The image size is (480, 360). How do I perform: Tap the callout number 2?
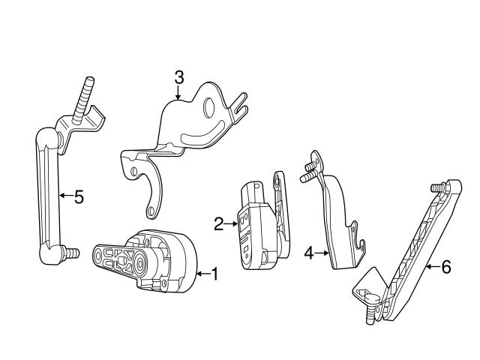pos(219,223)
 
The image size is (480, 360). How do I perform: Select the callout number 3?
pos(178,76)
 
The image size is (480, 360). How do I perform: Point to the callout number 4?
pos(309,253)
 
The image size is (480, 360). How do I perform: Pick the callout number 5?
pos(78,197)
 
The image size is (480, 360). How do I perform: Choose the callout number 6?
pos(445,267)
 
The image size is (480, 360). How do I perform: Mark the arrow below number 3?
pos(178,93)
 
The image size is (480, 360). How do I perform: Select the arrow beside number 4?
pos(322,253)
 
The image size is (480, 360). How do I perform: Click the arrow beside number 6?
pos(431,267)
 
